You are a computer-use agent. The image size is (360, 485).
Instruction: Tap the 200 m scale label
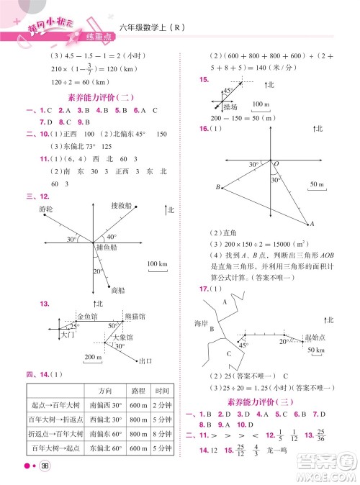(93, 357)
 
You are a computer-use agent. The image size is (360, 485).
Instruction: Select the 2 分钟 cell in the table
(161, 404)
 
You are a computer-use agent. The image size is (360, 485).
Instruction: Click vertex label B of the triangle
(217, 188)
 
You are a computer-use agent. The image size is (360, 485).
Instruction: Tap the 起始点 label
(314, 337)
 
